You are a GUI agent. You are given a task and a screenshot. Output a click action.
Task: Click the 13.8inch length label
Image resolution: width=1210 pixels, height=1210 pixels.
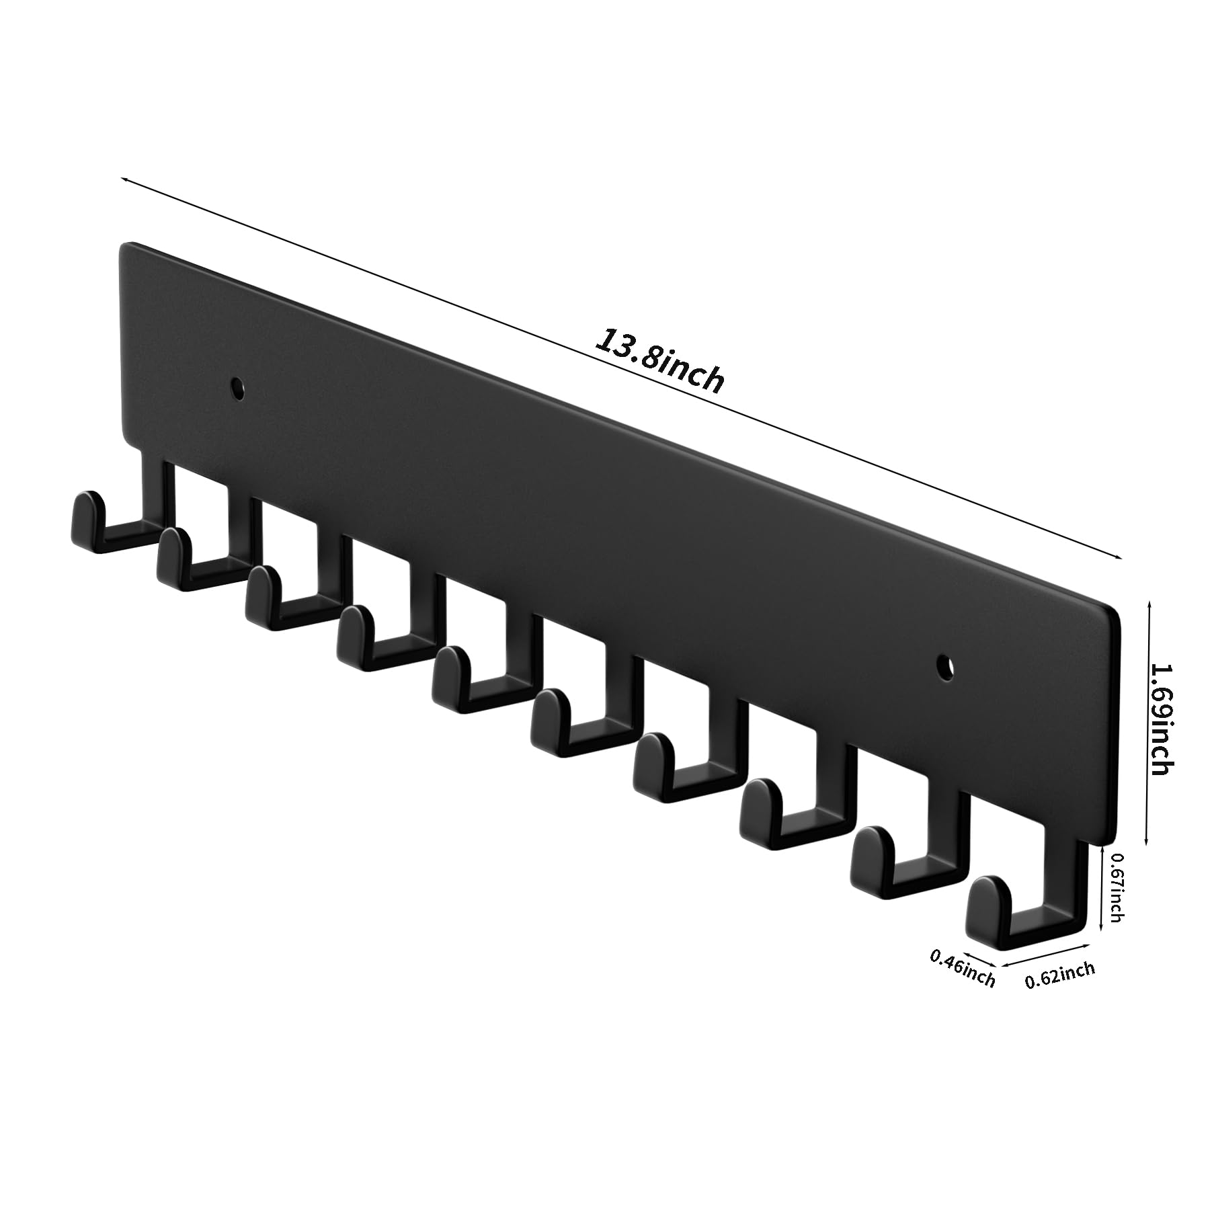click(660, 361)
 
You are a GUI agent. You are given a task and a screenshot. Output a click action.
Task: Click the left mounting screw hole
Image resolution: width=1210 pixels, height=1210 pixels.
click(237, 389)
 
